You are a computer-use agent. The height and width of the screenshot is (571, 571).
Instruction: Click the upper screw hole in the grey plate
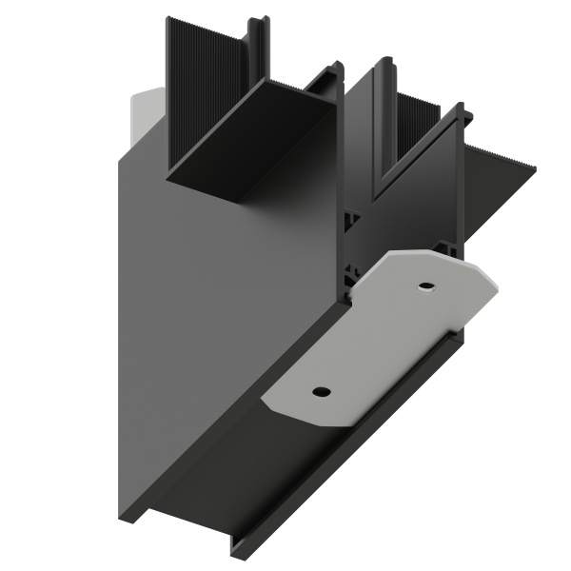point(425,285)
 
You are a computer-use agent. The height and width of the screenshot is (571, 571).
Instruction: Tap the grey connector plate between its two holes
point(373,338)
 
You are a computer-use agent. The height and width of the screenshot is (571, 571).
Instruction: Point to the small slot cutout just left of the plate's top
point(353,276)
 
